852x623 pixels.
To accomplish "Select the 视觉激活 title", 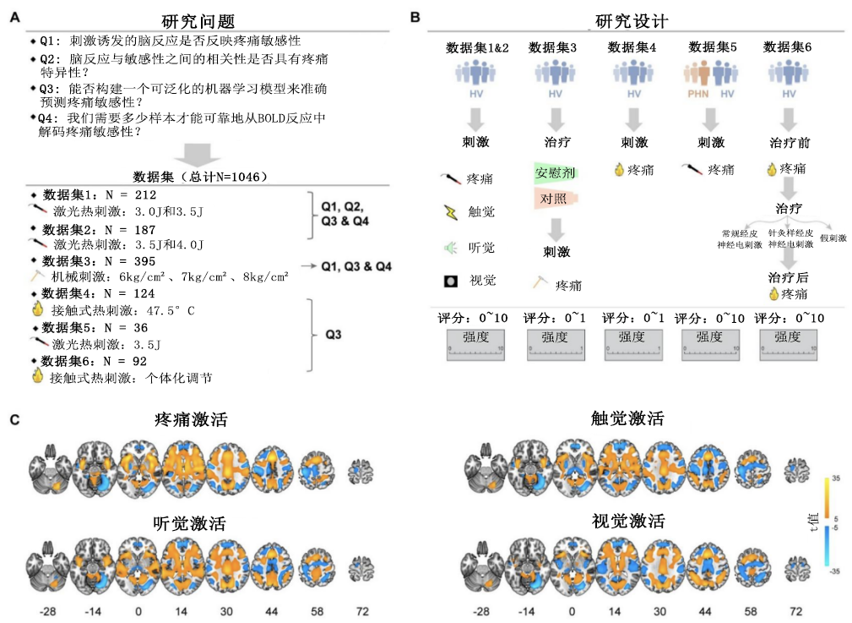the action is (x=627, y=520).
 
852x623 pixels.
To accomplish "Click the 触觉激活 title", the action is (x=627, y=418).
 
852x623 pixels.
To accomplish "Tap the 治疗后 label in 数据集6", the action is (x=789, y=276).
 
